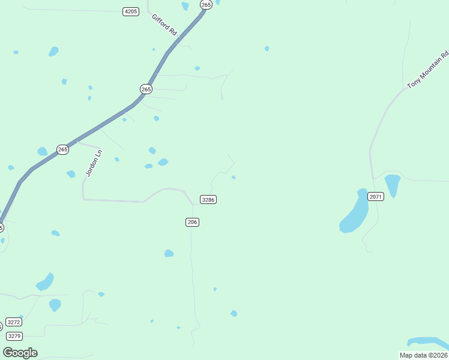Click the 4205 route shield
[130, 11]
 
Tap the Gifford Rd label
[164, 26]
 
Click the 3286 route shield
[208, 199]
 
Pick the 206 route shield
[192, 222]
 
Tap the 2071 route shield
[376, 197]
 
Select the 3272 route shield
[14, 322]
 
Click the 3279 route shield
[15, 336]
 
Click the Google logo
[20, 353]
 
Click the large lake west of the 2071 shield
[355, 214]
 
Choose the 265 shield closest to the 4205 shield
[206, 5]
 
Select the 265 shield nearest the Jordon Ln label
[62, 149]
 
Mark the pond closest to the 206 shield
[169, 253]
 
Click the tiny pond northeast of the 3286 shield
[233, 177]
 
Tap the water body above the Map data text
[427, 342]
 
